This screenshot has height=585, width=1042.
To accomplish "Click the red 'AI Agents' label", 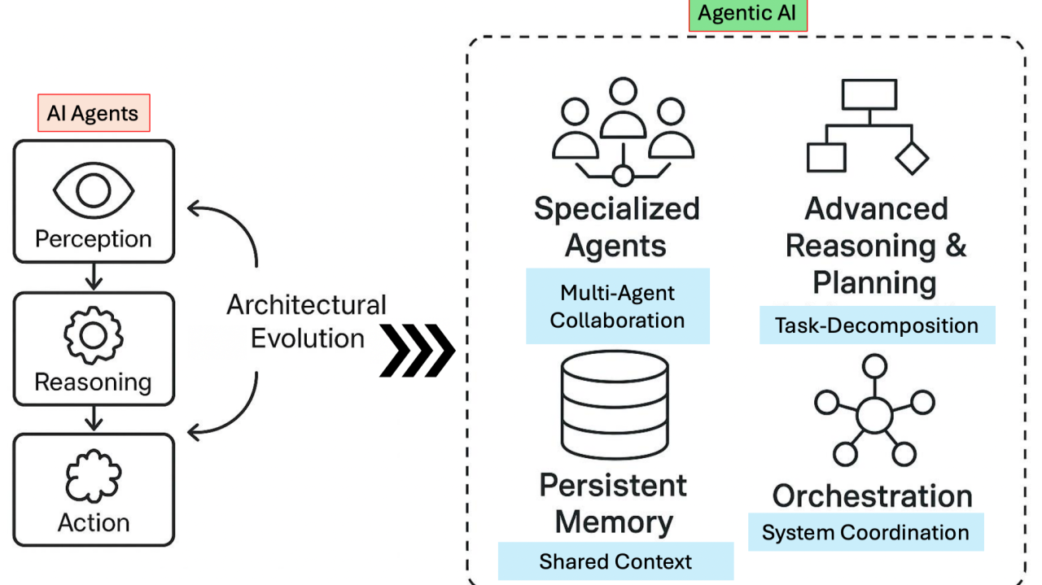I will (x=94, y=113).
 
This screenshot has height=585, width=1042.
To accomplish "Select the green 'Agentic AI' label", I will (x=747, y=15).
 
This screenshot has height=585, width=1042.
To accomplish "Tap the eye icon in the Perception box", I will (x=94, y=189).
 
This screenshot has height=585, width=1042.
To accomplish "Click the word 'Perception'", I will (x=94, y=239).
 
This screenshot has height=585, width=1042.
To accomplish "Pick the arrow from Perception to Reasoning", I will (x=94, y=277).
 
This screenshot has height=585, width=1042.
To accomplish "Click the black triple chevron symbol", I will (x=418, y=351).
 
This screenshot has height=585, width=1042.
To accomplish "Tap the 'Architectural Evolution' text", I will (x=307, y=321).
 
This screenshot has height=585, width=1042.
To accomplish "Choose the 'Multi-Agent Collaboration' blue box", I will (x=617, y=306).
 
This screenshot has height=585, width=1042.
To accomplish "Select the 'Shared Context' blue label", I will (x=615, y=561).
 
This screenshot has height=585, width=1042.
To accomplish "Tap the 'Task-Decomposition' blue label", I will (x=877, y=325).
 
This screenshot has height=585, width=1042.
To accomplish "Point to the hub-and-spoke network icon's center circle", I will (x=874, y=415).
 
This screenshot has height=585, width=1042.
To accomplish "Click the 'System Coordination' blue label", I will (x=865, y=533).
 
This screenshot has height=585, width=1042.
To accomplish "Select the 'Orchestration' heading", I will (x=873, y=496).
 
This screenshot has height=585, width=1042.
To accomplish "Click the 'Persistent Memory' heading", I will (x=614, y=504).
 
